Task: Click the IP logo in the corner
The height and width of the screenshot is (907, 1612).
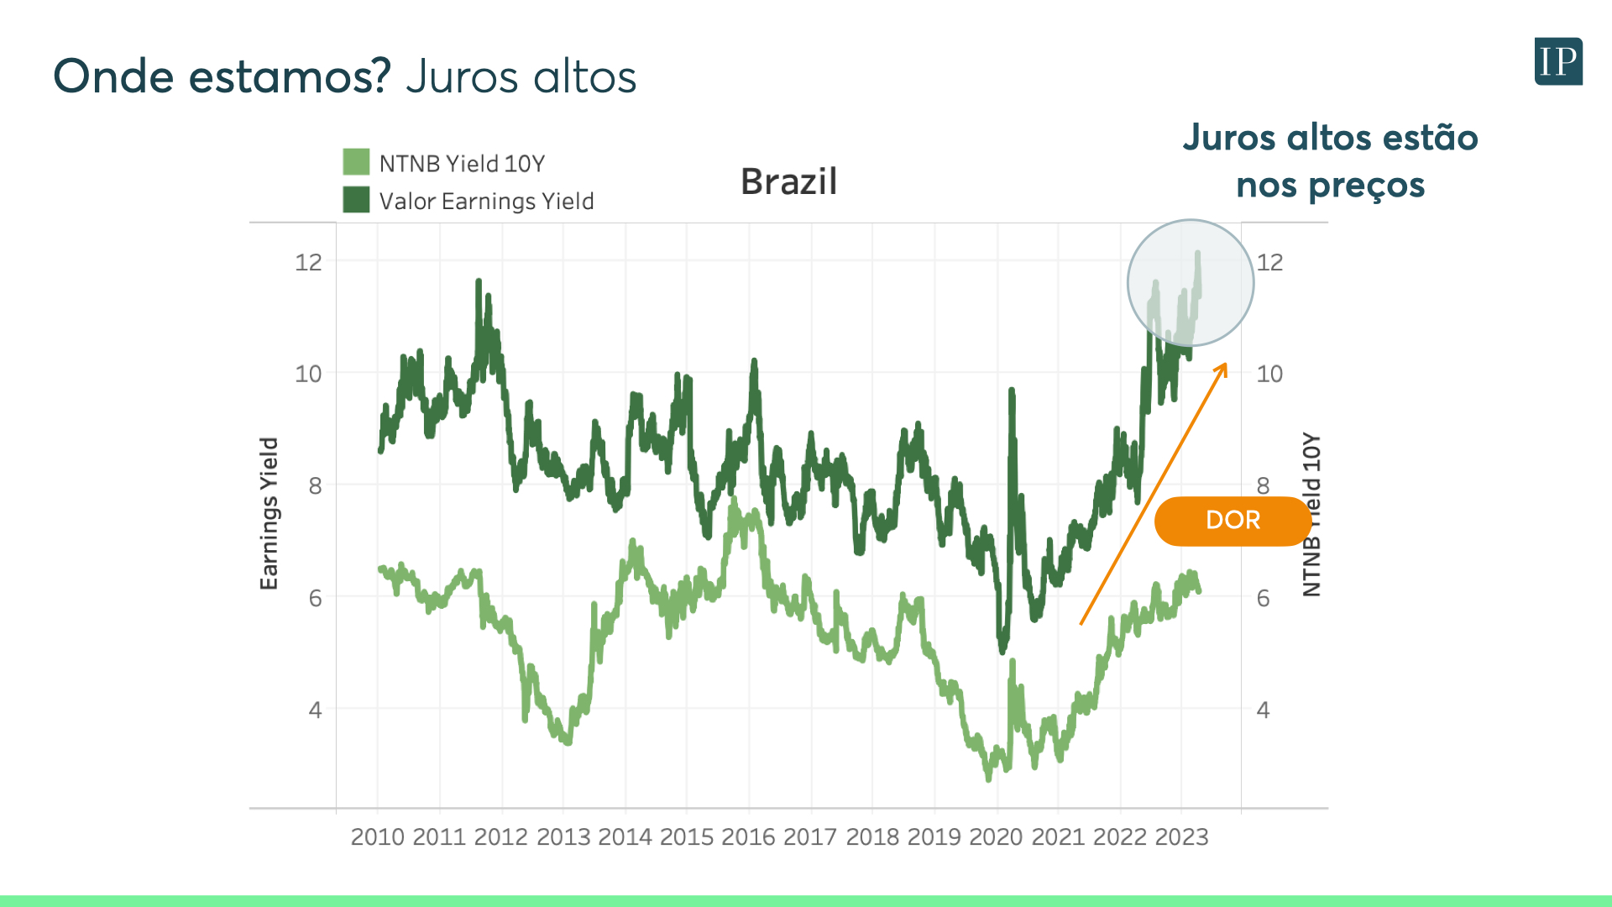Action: pos(1558,61)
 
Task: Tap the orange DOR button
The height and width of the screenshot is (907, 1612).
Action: pos(1233,521)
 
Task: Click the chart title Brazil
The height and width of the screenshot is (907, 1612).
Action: pos(788,181)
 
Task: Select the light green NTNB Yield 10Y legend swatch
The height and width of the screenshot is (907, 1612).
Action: pos(356,162)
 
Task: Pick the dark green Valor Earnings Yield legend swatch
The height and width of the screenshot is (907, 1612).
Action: pos(356,200)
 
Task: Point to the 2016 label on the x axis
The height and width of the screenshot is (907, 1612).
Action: pos(748,836)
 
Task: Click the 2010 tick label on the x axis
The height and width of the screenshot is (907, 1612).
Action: pos(377,836)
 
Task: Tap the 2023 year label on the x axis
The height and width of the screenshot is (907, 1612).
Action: pos(1181,836)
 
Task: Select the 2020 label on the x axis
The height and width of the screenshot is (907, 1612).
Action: pos(996,836)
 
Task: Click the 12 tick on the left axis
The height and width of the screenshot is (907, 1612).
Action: pos(308,262)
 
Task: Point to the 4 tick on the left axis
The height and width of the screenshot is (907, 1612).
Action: pos(315,710)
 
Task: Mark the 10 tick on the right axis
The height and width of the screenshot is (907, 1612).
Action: pos(1269,374)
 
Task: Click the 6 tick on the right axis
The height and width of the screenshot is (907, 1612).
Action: pos(1263,598)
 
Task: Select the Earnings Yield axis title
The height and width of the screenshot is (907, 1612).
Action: pos(269,513)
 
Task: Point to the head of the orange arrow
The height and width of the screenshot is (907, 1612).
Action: pos(1225,365)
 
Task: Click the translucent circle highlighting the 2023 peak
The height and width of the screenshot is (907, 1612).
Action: pos(1190,283)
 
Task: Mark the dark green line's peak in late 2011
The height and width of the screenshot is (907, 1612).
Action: pos(479,281)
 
